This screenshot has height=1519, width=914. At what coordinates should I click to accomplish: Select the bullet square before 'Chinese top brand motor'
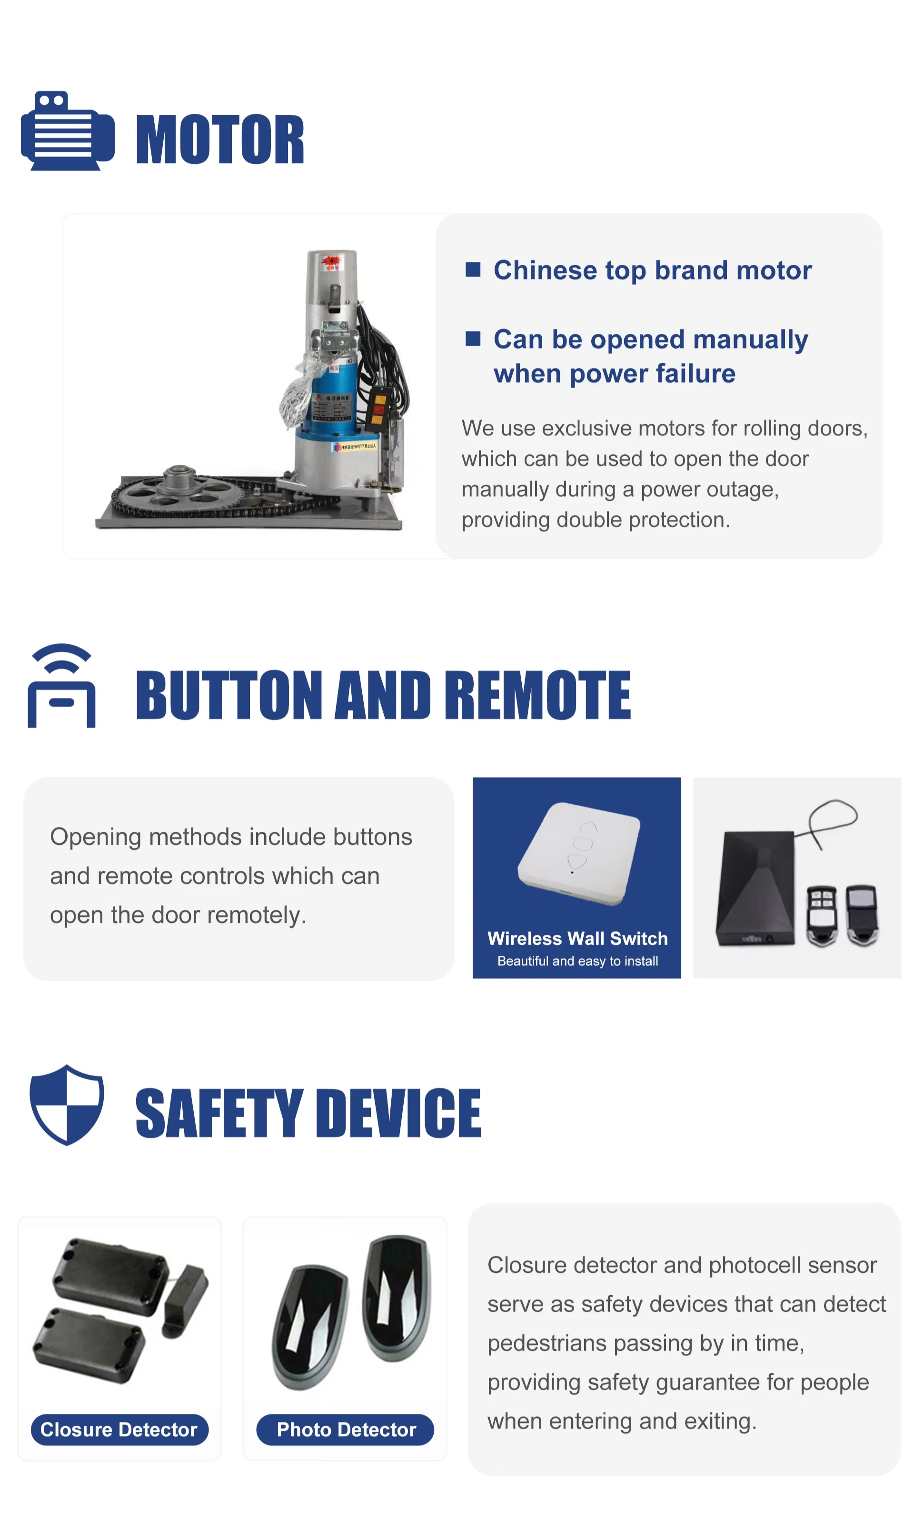coord(473,269)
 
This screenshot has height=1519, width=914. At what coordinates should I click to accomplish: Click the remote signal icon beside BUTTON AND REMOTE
coord(61,686)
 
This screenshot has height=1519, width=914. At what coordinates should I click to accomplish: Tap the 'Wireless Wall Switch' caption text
coord(578,938)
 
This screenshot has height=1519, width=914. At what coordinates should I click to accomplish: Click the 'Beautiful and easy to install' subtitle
coord(578,961)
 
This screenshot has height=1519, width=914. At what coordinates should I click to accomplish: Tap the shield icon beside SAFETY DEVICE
coord(67,1104)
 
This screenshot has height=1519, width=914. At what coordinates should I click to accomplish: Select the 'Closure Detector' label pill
coord(119,1429)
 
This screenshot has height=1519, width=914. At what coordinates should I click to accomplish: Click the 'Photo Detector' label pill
coord(346,1429)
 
